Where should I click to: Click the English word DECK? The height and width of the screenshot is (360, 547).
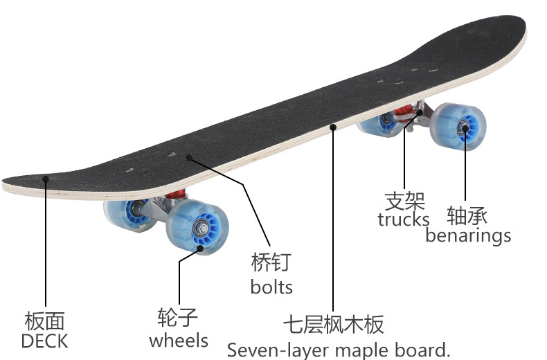point(44,341)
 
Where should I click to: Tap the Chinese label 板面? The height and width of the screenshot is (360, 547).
point(44,321)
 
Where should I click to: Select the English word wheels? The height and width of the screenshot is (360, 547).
point(178,340)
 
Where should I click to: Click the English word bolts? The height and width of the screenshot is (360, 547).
point(271,286)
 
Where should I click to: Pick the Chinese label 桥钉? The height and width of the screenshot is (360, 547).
point(271,262)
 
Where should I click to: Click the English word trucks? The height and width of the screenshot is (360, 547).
point(404,220)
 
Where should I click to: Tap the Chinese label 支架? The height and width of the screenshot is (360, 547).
point(404,201)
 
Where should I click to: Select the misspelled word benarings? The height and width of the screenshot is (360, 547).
point(468,235)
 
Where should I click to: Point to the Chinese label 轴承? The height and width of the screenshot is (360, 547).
point(467,215)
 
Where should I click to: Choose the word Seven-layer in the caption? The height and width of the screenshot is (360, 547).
point(278,350)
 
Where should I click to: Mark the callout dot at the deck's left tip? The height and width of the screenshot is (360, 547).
point(46,179)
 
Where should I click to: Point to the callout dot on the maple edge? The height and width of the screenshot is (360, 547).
point(333,127)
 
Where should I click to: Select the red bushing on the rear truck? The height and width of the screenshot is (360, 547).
point(420,111)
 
